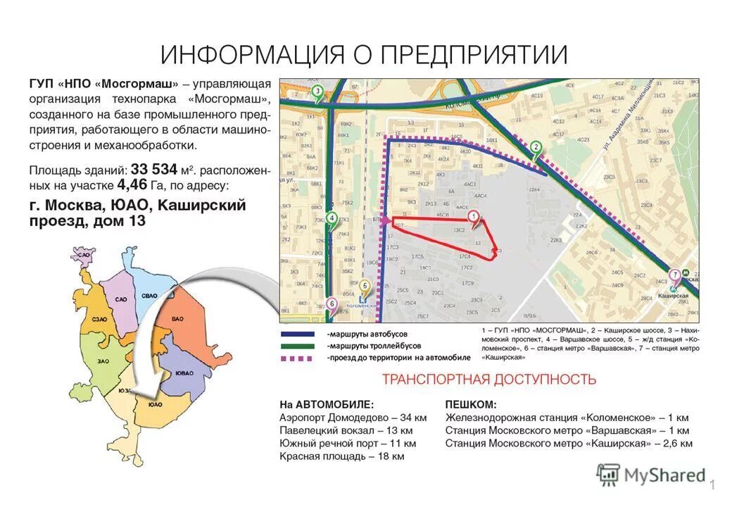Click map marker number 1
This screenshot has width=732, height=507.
pyautogui.click(x=474, y=217)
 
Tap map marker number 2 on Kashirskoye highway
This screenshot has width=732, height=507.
pyautogui.click(x=536, y=147)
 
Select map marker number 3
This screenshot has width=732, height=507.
pyautogui.click(x=317, y=91)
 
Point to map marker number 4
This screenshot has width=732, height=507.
pyautogui.click(x=332, y=218)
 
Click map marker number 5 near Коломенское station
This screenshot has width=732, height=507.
pyautogui.click(x=364, y=286)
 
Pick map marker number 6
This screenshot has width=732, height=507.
pyautogui.click(x=332, y=305)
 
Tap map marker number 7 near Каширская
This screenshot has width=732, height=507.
pyautogui.click(x=675, y=275)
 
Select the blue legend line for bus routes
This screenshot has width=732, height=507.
pyautogui.click(x=301, y=334)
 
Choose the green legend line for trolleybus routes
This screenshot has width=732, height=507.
pyautogui.click(x=301, y=346)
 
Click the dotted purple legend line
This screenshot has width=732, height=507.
pyautogui.click(x=301, y=358)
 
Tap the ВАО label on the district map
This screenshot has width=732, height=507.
pyautogui.click(x=177, y=319)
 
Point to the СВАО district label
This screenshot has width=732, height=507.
pyautogui.click(x=149, y=296)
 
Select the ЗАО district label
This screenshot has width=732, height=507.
pyautogui.click(x=103, y=361)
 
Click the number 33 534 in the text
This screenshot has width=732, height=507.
pyautogui.click(x=153, y=169)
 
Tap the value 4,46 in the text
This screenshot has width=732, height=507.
pyautogui.click(x=132, y=185)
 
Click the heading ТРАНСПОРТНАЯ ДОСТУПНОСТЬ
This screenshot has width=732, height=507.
pyautogui.click(x=488, y=380)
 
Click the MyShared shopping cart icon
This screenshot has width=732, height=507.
pyautogui.click(x=608, y=475)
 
